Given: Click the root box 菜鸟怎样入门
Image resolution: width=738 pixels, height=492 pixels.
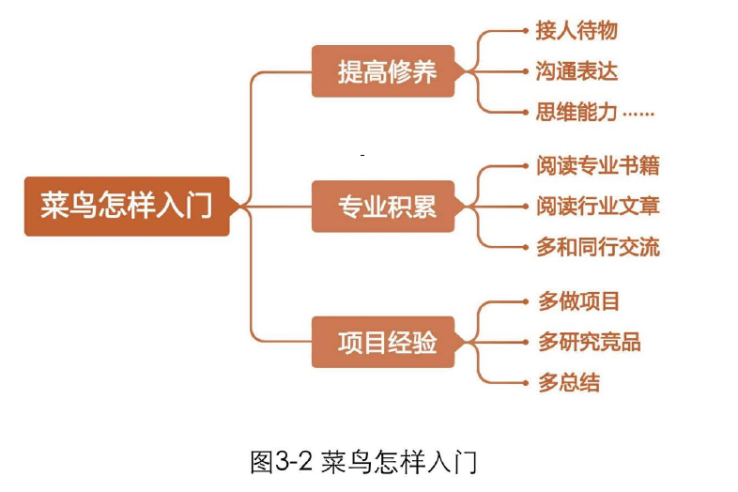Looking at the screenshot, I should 127,206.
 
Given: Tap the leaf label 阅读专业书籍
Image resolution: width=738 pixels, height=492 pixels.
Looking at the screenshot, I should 597,166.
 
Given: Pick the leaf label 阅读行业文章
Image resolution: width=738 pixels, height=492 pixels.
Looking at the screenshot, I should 597,207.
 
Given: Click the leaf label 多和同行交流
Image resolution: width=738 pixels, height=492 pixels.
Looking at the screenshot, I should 597,247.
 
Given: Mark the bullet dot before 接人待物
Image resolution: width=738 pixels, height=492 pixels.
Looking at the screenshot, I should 525,31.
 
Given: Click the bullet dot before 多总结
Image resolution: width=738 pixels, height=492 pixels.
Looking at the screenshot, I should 525,382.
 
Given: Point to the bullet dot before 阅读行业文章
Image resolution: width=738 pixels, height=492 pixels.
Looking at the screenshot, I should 525,207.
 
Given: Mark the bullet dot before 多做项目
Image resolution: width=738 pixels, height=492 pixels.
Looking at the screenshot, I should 525,301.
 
